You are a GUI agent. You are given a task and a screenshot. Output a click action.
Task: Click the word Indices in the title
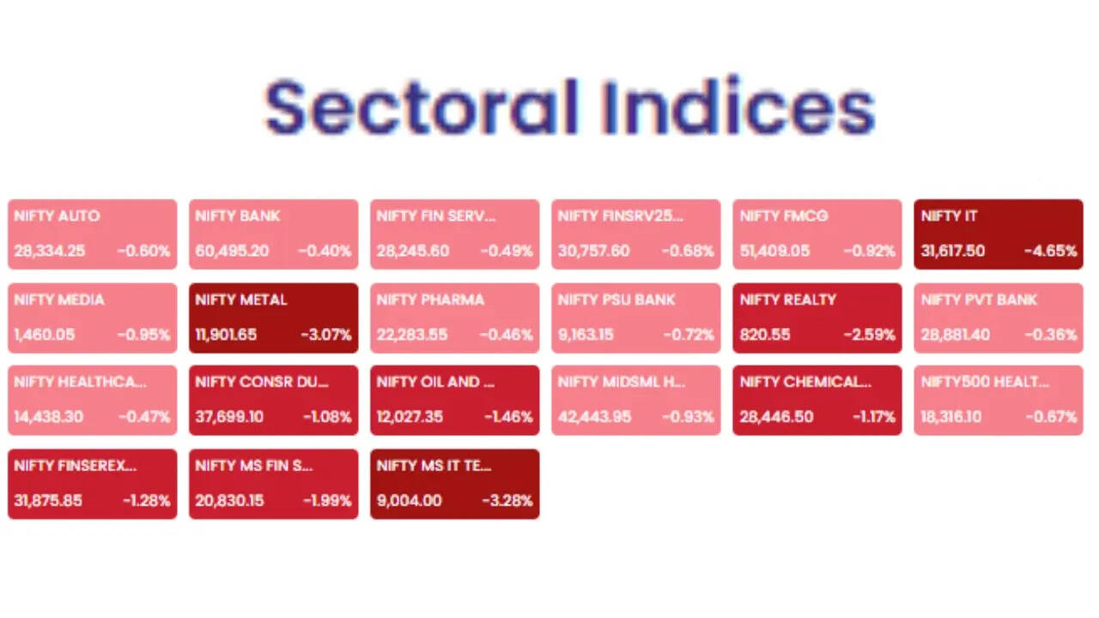(x=739, y=106)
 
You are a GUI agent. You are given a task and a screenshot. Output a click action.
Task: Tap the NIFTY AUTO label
(x=57, y=215)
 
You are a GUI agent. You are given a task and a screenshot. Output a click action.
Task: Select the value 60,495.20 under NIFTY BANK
(x=232, y=251)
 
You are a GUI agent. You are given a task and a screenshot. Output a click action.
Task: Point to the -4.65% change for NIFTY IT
(x=1050, y=251)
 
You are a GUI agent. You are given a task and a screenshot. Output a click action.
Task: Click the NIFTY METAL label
(x=241, y=300)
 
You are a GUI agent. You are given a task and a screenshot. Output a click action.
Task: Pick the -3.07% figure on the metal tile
(x=326, y=335)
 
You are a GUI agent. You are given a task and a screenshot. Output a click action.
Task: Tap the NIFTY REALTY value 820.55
(x=765, y=335)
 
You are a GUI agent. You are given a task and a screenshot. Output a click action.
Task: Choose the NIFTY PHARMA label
(x=430, y=300)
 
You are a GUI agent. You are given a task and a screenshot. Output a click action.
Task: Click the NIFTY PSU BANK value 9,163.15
(x=586, y=335)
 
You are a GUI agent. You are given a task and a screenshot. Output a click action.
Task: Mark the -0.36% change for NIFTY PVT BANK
(x=1051, y=335)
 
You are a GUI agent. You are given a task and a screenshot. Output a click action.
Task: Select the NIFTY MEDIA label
(x=59, y=300)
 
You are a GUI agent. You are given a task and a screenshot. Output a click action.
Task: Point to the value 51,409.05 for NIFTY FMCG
(x=774, y=251)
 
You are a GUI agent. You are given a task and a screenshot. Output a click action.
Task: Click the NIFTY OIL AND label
(x=435, y=382)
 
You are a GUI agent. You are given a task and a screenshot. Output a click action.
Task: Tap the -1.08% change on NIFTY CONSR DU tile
(x=327, y=417)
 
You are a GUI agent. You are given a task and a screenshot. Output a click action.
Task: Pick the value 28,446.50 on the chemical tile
(x=777, y=417)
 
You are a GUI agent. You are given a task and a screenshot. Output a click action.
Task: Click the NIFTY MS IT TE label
(x=434, y=465)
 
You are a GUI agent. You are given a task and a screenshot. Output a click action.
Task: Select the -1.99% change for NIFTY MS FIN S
(x=327, y=500)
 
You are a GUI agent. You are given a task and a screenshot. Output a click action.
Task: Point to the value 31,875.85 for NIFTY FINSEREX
(x=48, y=500)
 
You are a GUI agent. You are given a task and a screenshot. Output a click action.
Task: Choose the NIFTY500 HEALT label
(x=985, y=382)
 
